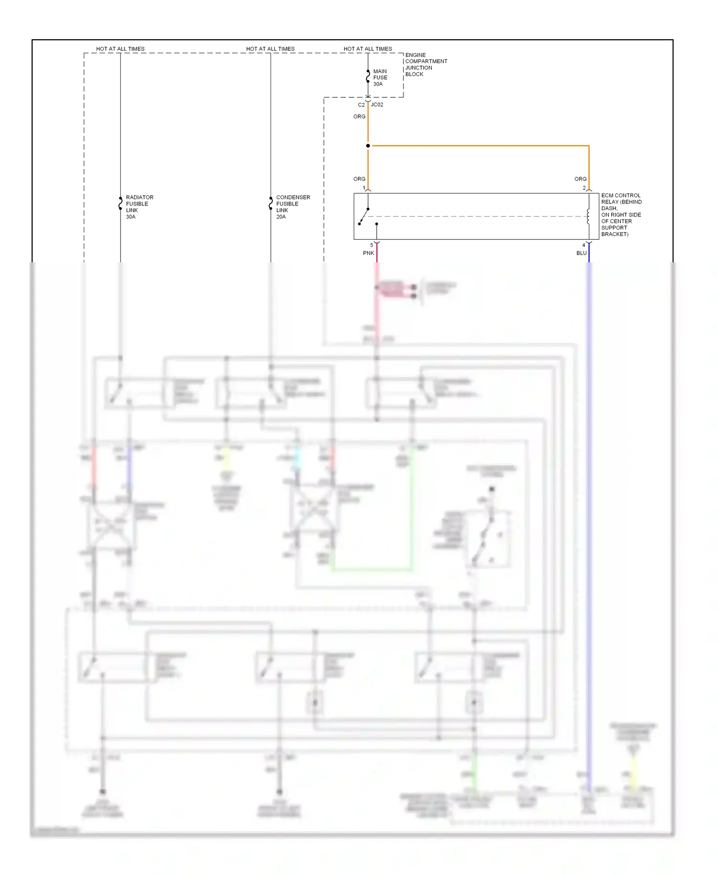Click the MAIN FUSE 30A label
[380, 78]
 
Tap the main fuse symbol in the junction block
[368, 77]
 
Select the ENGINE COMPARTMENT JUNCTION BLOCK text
[426, 65]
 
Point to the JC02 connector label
[377, 105]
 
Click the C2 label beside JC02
[361, 105]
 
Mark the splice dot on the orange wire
[368, 146]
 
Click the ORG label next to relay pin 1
[359, 179]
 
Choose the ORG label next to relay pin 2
[580, 179]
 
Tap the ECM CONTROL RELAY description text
[621, 214]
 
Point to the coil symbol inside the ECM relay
[588, 216]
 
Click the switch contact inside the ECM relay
[364, 216]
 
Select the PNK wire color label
[368, 253]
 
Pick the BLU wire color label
[581, 253]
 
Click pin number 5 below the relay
[371, 245]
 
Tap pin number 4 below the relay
[583, 245]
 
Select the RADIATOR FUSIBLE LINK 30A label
[139, 207]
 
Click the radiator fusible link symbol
[120, 203]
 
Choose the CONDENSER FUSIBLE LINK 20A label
[292, 207]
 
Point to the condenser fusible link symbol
[270, 203]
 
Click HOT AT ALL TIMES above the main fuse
[368, 49]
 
